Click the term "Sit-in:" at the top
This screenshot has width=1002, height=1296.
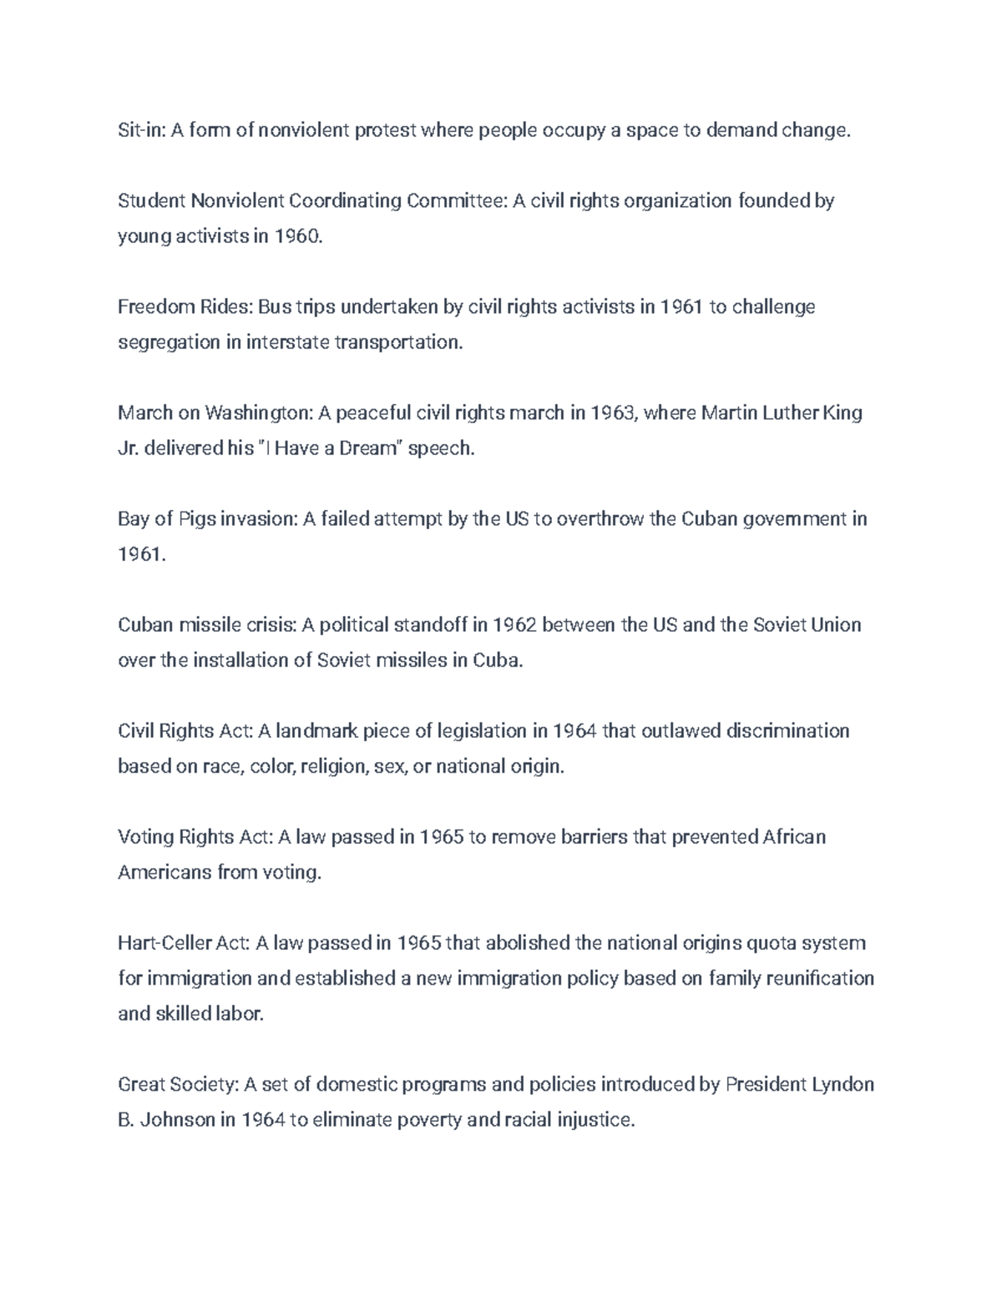coord(141,130)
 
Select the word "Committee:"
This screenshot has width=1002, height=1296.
coord(456,201)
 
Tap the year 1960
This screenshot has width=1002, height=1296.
coord(297,236)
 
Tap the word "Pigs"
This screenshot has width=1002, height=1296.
coord(196,519)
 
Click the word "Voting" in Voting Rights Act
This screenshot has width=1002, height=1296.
coord(145,837)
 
